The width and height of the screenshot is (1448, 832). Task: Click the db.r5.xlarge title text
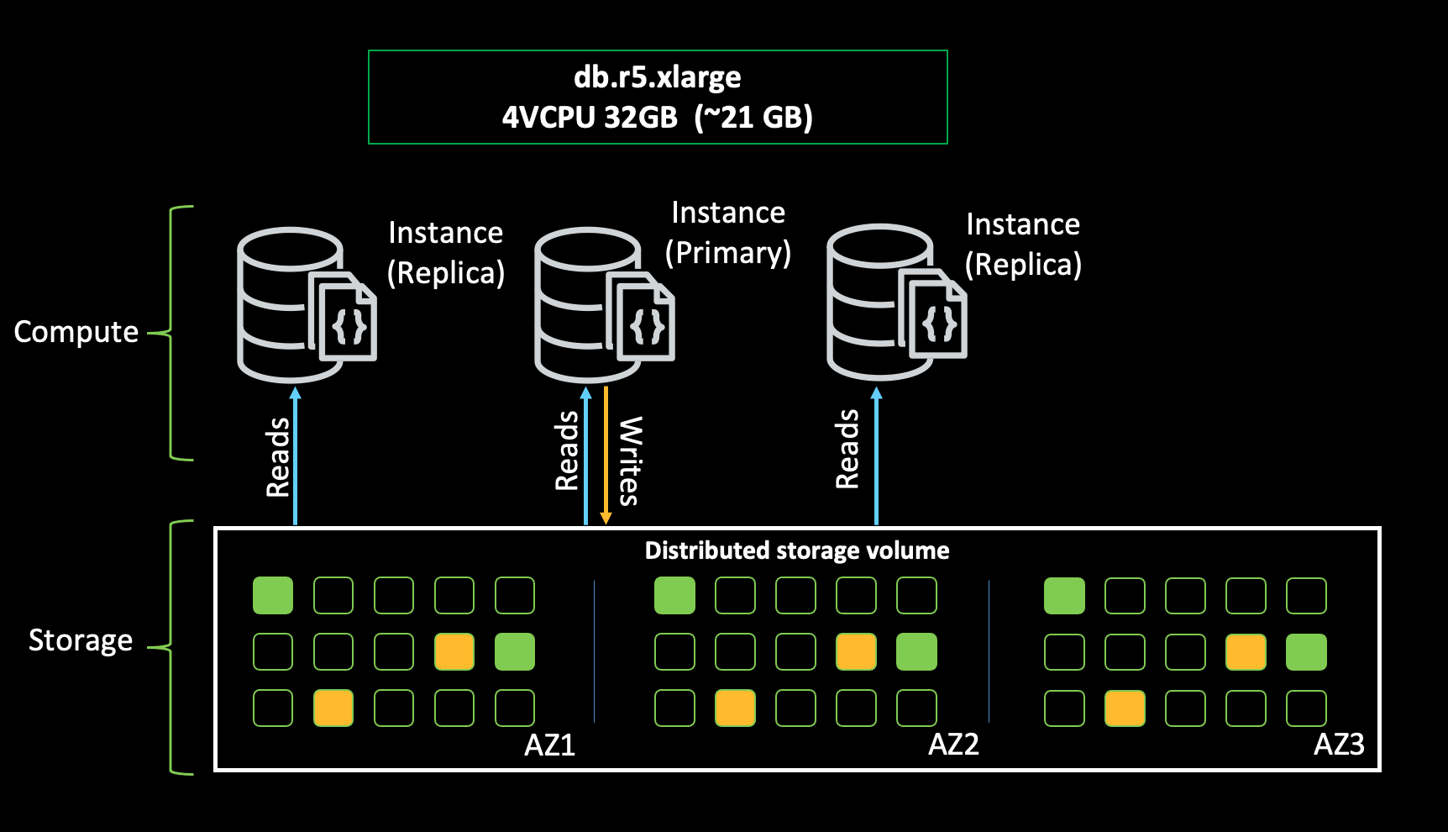coord(657,77)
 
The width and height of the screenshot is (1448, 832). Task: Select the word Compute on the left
coord(76,332)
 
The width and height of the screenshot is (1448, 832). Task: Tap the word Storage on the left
coord(81,640)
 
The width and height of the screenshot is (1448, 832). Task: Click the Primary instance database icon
coord(602,304)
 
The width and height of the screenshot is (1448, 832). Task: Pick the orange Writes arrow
coord(606,454)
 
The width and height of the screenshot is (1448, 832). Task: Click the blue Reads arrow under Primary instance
coord(585,454)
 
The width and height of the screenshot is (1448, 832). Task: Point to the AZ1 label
coord(549,745)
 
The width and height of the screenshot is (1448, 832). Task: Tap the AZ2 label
coord(953,745)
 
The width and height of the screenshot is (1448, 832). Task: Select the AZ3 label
coord(1339,745)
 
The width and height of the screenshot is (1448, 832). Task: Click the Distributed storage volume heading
coord(796,550)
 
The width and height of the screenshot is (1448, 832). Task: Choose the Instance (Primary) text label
coord(728,233)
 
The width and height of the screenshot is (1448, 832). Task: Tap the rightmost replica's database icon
coord(895,301)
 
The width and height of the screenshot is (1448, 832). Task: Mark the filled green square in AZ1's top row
coord(273,595)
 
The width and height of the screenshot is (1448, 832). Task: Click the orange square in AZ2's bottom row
coord(735,708)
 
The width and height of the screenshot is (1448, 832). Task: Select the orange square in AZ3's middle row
coord(1246,652)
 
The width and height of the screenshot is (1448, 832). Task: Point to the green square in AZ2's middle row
coord(916,652)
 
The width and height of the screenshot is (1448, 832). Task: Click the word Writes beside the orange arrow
coord(630,461)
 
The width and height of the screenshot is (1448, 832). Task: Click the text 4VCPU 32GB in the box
coord(590,117)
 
